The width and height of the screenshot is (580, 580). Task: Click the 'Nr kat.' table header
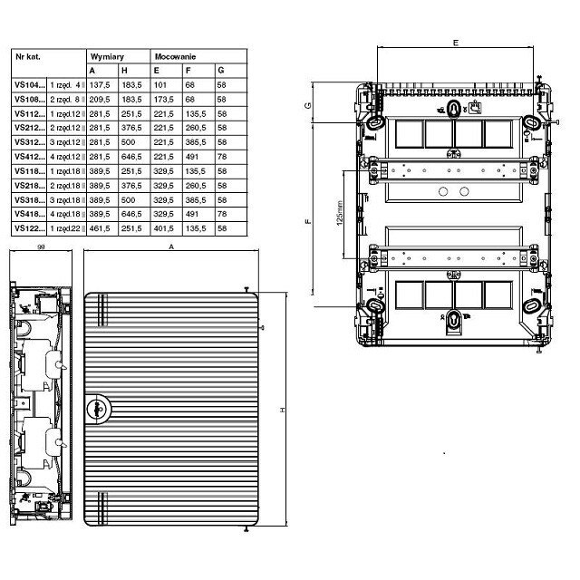(26, 55)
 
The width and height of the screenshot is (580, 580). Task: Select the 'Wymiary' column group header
(106, 55)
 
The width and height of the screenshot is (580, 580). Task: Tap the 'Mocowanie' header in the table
(172, 55)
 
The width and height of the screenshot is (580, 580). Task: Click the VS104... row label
(28, 84)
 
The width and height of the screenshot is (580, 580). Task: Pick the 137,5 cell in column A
(99, 84)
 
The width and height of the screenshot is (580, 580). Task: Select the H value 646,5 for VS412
(131, 157)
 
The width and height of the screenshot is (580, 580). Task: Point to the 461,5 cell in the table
(99, 229)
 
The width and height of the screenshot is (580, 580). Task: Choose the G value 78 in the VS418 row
(222, 215)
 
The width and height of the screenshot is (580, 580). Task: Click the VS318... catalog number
(28, 200)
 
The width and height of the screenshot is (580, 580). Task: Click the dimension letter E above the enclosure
(455, 43)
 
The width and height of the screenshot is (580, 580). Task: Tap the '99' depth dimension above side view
(42, 246)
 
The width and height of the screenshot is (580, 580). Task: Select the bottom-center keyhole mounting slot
(454, 319)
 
